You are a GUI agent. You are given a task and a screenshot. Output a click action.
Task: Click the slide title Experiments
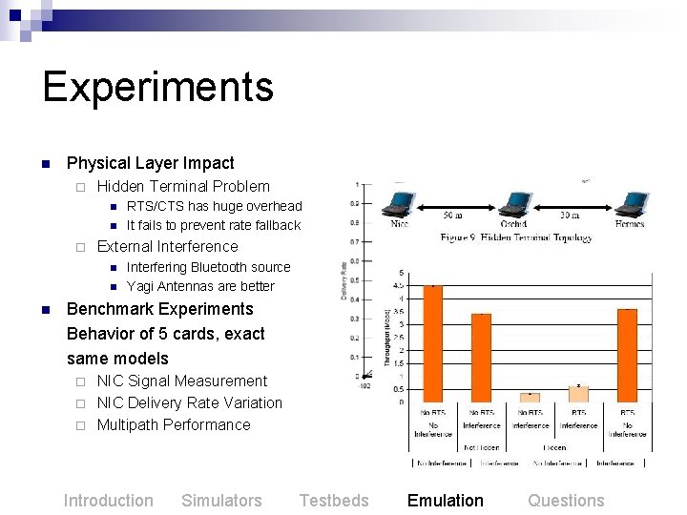click(x=157, y=87)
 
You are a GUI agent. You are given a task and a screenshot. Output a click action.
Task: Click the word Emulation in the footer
click(x=445, y=501)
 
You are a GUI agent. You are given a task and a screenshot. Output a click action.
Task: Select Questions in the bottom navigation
click(x=566, y=501)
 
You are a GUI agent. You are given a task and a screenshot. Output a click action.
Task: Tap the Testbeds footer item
click(x=333, y=501)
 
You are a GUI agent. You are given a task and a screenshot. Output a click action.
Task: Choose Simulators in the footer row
click(x=221, y=501)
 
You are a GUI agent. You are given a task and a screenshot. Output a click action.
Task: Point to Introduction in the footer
click(x=108, y=501)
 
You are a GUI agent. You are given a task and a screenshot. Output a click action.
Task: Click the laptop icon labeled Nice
click(x=400, y=205)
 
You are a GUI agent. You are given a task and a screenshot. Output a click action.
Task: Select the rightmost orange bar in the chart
click(x=627, y=355)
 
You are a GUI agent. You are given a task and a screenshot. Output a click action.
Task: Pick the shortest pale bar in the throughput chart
click(x=530, y=397)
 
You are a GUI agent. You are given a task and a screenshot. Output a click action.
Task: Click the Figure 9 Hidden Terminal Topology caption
click(x=516, y=237)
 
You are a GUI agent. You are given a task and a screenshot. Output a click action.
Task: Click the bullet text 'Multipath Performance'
click(x=174, y=425)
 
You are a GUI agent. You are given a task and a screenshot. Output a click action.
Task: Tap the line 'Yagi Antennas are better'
click(x=200, y=286)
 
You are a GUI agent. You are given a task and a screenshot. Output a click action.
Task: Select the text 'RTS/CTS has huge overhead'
click(x=214, y=206)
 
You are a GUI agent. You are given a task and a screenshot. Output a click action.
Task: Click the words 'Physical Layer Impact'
click(x=150, y=163)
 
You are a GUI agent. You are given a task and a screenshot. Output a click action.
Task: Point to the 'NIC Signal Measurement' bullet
click(x=182, y=381)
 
